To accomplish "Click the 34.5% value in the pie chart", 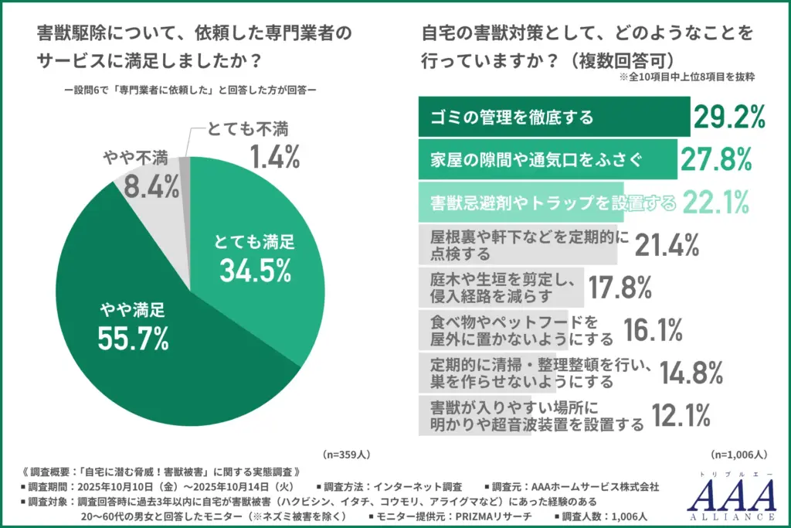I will point(255,270).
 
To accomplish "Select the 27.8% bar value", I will point(716,159).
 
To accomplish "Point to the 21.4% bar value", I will point(667,245).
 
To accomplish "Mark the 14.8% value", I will point(691,373).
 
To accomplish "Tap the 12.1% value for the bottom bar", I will point(681,416).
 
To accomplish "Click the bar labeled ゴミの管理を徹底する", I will point(553,117).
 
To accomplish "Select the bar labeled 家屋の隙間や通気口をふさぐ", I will point(547,159).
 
